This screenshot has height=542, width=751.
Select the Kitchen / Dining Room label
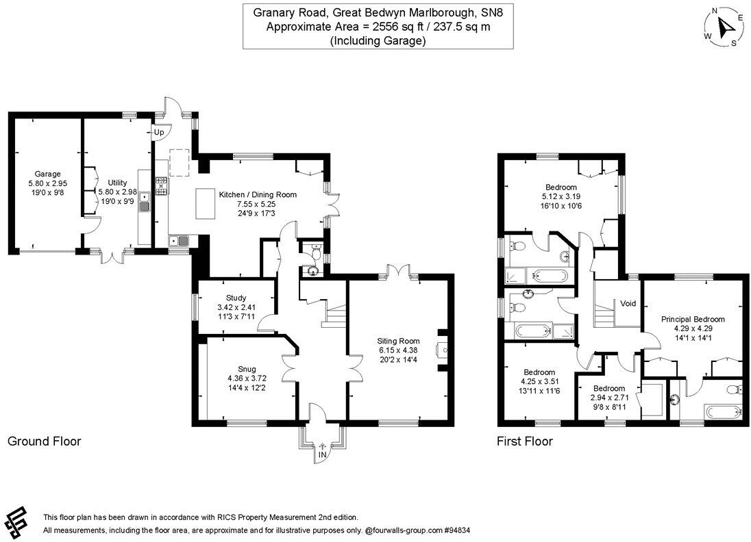258,194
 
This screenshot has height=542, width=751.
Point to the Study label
236,298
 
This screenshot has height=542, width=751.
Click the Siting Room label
397,341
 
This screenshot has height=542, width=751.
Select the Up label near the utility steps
159,132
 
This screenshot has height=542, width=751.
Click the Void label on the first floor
629,303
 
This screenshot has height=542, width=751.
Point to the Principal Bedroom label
693,319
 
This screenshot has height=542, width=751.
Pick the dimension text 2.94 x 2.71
608,396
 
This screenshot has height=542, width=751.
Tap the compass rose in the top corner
723,27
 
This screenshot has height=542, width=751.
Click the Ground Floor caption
44,441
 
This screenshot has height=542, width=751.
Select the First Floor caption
524,441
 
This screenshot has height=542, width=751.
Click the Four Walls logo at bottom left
19,523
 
